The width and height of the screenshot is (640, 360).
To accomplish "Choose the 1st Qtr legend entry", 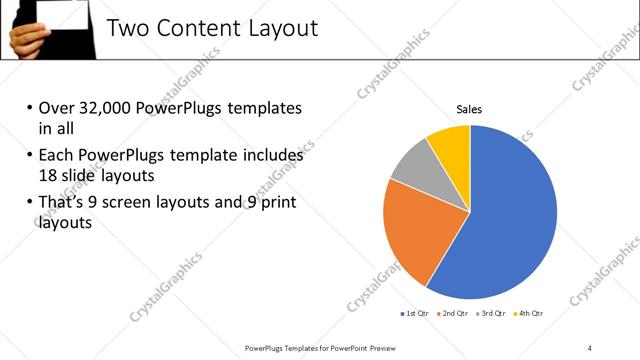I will click(417, 313).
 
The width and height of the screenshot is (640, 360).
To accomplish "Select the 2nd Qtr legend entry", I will click(455, 313).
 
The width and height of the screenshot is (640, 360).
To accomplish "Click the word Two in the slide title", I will click(128, 28).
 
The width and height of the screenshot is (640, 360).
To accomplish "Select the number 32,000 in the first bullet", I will click(110, 108).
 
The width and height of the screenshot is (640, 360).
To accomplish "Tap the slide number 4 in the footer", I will click(589, 347).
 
